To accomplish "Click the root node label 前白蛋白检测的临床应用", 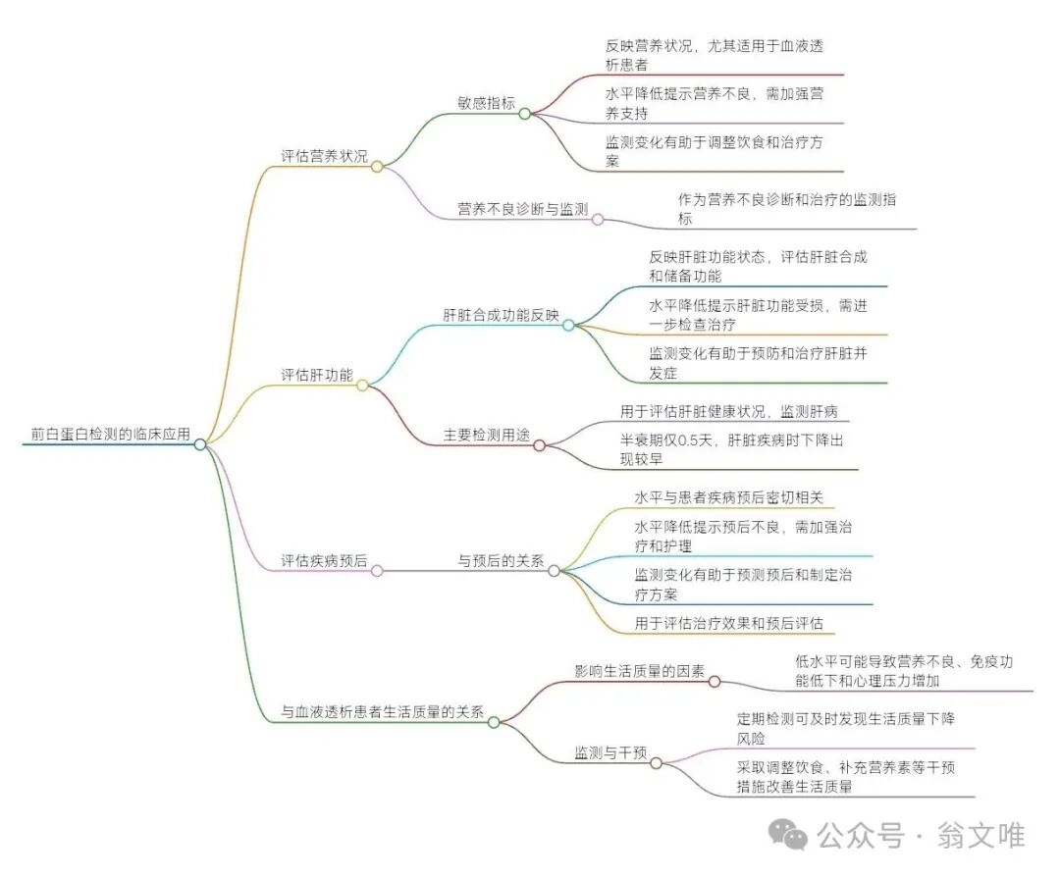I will [110, 434].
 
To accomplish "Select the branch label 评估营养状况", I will [325, 156].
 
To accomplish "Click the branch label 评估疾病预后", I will [325, 561].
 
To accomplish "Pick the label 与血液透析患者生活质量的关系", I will [382, 713].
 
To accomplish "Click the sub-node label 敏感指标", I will [486, 103].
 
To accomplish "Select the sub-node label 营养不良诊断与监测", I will [522, 209].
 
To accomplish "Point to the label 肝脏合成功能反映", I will [501, 316].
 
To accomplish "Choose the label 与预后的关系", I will [501, 561].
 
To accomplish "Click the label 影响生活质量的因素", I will [639, 671].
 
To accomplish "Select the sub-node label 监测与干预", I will [610, 753].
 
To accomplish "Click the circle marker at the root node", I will [200, 444].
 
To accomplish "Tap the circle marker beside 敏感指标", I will [524, 114].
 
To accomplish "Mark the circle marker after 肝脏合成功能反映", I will [568, 325].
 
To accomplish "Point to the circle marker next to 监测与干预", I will [656, 762].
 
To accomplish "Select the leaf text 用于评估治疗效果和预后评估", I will [728, 622].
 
